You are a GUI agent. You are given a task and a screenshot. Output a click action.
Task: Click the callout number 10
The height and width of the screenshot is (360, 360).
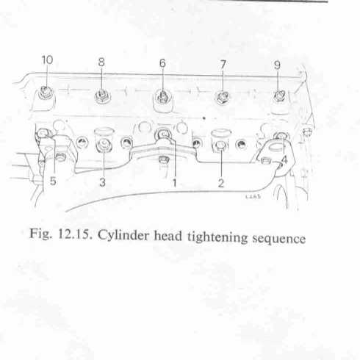tap(47, 60)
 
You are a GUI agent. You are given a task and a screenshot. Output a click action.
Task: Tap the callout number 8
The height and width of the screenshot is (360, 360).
tap(101, 62)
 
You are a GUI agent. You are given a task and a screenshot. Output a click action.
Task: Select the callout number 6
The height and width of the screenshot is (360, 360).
tap(162, 63)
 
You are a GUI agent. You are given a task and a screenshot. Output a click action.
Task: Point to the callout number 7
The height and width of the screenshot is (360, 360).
tap(223, 65)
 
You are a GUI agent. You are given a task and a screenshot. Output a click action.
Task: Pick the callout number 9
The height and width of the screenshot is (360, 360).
tap(277, 65)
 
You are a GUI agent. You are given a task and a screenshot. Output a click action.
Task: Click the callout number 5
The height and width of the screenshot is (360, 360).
tap(53, 181)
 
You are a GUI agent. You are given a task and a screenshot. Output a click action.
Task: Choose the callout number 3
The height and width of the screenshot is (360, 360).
tap(103, 182)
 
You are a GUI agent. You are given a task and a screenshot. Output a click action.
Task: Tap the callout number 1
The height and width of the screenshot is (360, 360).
tap(174, 183)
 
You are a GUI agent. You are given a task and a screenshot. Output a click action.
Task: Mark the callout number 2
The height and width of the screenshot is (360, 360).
tap(221, 183)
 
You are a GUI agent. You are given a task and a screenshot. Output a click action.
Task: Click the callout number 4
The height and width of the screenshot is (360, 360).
tap(284, 160)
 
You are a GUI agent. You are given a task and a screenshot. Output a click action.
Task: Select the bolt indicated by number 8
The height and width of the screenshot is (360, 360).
tap(102, 96)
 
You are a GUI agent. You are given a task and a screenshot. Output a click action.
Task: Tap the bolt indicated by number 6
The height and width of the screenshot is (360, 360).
tap(162, 97)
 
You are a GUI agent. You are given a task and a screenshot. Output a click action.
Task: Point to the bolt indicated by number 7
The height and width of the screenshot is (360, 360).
tap(223, 97)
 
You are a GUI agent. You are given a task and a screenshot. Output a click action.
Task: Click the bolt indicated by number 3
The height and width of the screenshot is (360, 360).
tap(104, 145)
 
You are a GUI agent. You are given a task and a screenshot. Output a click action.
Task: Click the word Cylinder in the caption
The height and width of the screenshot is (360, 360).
tap(123, 235)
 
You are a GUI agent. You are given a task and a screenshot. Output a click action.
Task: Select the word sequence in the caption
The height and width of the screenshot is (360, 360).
tap(278, 239)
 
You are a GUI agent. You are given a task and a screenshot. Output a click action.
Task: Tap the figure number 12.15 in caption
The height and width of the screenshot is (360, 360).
tap(75, 234)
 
